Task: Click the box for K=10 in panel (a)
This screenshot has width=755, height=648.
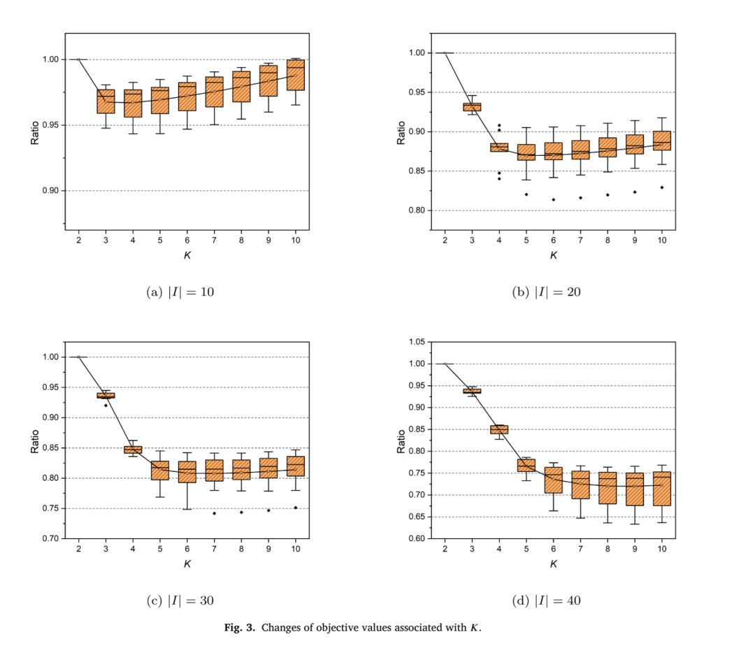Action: [296, 75]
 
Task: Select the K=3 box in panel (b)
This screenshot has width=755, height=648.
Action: [472, 107]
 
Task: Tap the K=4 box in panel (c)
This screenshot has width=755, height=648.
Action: [133, 449]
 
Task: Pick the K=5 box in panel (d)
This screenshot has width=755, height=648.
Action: [526, 466]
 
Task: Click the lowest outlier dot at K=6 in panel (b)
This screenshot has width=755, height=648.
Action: [553, 200]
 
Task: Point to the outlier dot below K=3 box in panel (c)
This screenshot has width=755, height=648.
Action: [106, 405]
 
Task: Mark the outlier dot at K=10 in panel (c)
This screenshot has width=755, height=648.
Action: [296, 507]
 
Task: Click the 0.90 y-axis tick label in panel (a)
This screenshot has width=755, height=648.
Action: [50, 191]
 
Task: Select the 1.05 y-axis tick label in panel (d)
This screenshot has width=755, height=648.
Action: [417, 342]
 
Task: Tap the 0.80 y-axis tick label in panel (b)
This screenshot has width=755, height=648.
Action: [417, 210]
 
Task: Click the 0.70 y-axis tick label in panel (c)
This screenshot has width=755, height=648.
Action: [50, 538]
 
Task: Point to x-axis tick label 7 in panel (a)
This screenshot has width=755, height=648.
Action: [215, 240]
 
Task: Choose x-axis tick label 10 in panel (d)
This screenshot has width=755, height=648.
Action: [662, 549]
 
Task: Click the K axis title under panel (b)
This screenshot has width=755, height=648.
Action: [553, 255]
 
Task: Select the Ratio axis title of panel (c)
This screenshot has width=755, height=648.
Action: [35, 442]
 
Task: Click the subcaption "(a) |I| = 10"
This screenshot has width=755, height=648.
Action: [180, 292]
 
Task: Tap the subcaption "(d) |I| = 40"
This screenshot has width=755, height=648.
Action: [547, 601]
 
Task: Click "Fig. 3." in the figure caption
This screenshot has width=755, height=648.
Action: [239, 628]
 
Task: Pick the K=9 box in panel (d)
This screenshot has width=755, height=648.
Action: [635, 489]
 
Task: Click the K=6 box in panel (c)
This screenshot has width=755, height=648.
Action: [187, 472]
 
